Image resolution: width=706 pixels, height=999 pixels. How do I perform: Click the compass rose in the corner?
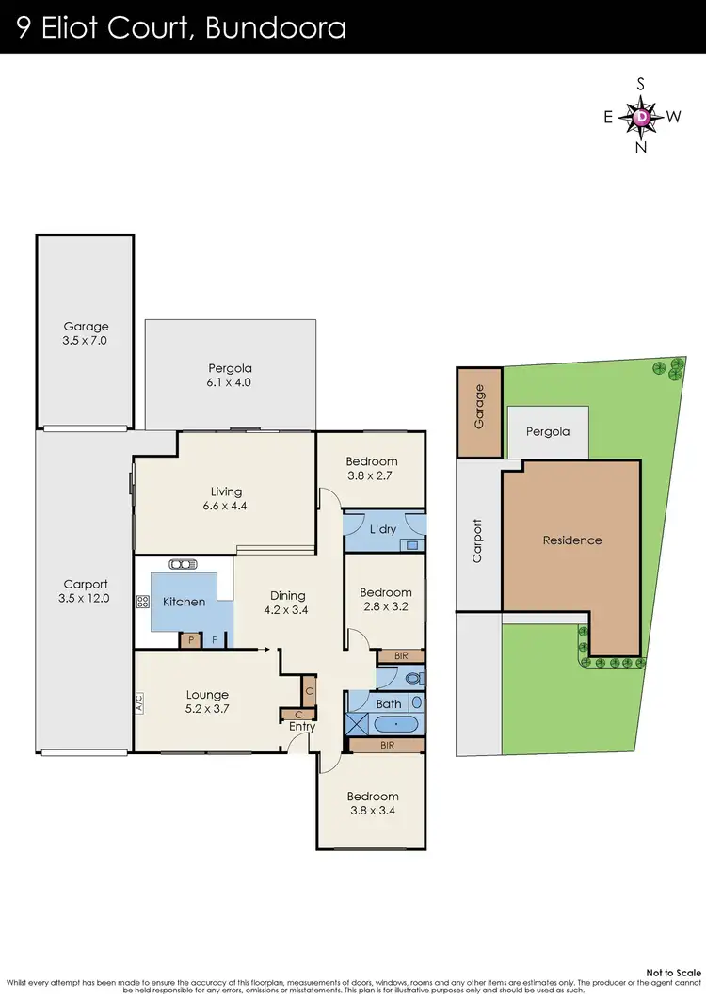pos(641,117)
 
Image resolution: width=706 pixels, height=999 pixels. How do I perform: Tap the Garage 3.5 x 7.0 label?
pos(86,334)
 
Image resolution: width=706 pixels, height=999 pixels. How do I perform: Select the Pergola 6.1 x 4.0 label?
pos(230,376)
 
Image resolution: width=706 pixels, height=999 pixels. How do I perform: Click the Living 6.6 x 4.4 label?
pos(226,498)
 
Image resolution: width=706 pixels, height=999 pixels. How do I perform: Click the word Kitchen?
pos(184,602)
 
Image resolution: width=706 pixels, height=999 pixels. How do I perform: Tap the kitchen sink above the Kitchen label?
pos(180,565)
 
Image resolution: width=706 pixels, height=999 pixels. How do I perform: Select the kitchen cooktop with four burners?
pos(144,601)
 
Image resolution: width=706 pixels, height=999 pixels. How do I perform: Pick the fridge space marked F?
pos(215,640)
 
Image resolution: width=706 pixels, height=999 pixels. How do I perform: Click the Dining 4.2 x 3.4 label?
pos(288,602)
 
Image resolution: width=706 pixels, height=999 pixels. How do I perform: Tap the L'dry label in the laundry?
pos(383,529)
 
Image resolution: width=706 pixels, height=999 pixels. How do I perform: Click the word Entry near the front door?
pos(301,726)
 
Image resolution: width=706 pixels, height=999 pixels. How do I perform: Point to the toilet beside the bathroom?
pos(409,677)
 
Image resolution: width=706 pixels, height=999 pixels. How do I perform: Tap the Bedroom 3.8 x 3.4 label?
pos(372,803)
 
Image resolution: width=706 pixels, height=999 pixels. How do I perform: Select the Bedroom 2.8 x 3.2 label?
pos(385,599)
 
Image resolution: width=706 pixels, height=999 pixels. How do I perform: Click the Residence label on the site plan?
pos(571,540)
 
